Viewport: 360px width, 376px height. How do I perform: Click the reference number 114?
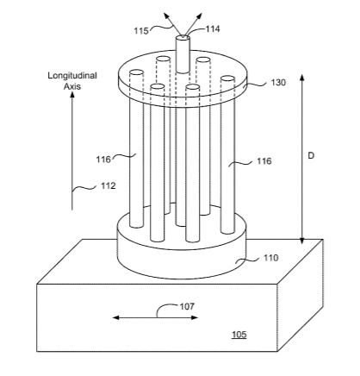(x=213, y=29)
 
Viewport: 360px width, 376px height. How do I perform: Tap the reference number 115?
(x=141, y=31)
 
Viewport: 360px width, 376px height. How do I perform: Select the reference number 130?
(x=278, y=83)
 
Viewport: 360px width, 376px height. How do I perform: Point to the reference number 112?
(x=109, y=185)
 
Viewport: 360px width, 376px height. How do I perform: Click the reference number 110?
(x=271, y=258)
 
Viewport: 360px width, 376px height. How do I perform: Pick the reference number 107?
(x=187, y=306)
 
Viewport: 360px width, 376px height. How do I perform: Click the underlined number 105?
(x=239, y=335)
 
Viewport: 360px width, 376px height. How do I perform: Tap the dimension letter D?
(x=311, y=156)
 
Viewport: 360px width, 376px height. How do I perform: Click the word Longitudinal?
(x=72, y=76)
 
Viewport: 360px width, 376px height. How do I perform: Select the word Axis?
(x=72, y=86)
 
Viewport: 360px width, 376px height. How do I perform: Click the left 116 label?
(x=103, y=160)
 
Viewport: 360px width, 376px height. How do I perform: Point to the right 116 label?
(x=264, y=161)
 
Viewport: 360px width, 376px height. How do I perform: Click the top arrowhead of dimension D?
(x=302, y=78)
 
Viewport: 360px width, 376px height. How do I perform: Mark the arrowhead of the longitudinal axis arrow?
(x=72, y=95)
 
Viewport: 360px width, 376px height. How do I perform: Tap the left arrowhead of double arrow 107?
(x=115, y=317)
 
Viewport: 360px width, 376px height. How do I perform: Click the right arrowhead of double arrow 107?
(x=195, y=317)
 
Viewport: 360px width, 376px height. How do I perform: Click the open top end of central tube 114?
(x=183, y=37)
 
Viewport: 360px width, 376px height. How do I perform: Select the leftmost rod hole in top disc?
(x=136, y=72)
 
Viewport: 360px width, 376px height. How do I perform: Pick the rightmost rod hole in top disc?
(x=228, y=78)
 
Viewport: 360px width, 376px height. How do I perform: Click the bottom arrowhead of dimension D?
(x=302, y=241)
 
